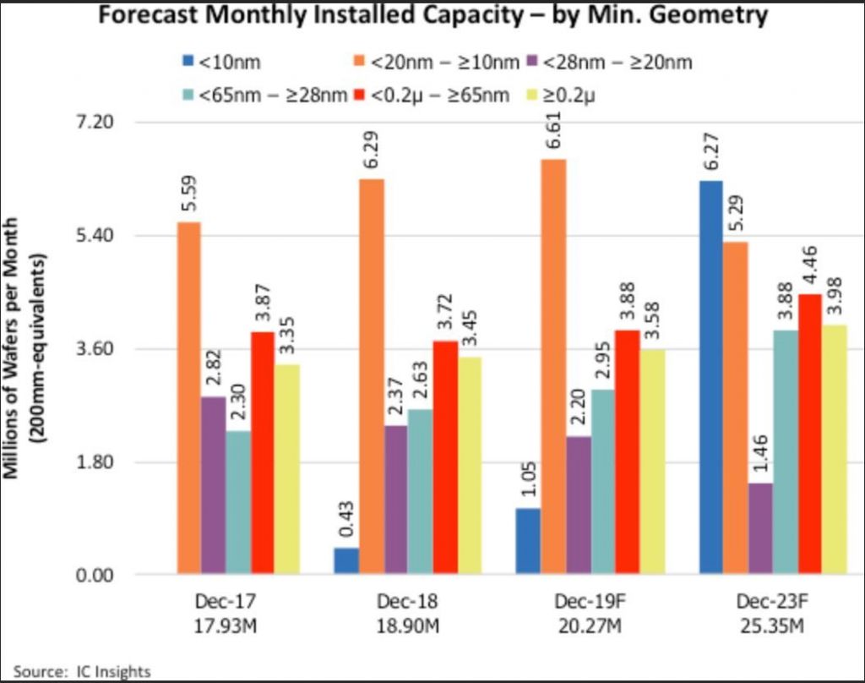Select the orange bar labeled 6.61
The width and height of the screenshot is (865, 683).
[553, 367]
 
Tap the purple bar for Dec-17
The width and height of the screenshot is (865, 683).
[213, 485]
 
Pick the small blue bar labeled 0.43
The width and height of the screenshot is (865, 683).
[346, 561]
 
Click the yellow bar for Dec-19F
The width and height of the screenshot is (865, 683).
[653, 462]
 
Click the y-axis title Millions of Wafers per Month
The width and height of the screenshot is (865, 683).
[14, 347]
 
